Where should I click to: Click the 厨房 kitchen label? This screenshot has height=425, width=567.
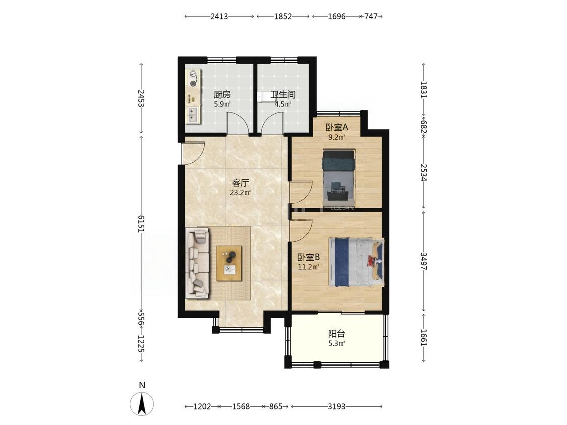coord(222,95)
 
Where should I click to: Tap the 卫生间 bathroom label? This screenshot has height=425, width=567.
coord(283,95)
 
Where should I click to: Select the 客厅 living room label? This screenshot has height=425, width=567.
coord(240,183)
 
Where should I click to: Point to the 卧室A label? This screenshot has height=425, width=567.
coord(336,127)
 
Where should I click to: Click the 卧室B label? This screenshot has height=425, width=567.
coord(308,257)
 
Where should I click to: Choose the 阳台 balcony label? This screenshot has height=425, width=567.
coord(336,334)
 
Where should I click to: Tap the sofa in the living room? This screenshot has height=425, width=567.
coord(198,263)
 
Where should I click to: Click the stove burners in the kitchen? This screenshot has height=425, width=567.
coord(194,79)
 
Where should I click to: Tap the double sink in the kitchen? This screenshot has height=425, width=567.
coord(193,115)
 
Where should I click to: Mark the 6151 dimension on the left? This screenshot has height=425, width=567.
coord(141,224)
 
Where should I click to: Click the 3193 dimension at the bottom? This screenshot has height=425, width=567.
coord(336,406)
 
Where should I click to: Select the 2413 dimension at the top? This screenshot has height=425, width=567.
coord(219,16)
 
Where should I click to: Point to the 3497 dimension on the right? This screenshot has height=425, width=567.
coord(424,261)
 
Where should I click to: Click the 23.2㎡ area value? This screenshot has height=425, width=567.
coord(240,193)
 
